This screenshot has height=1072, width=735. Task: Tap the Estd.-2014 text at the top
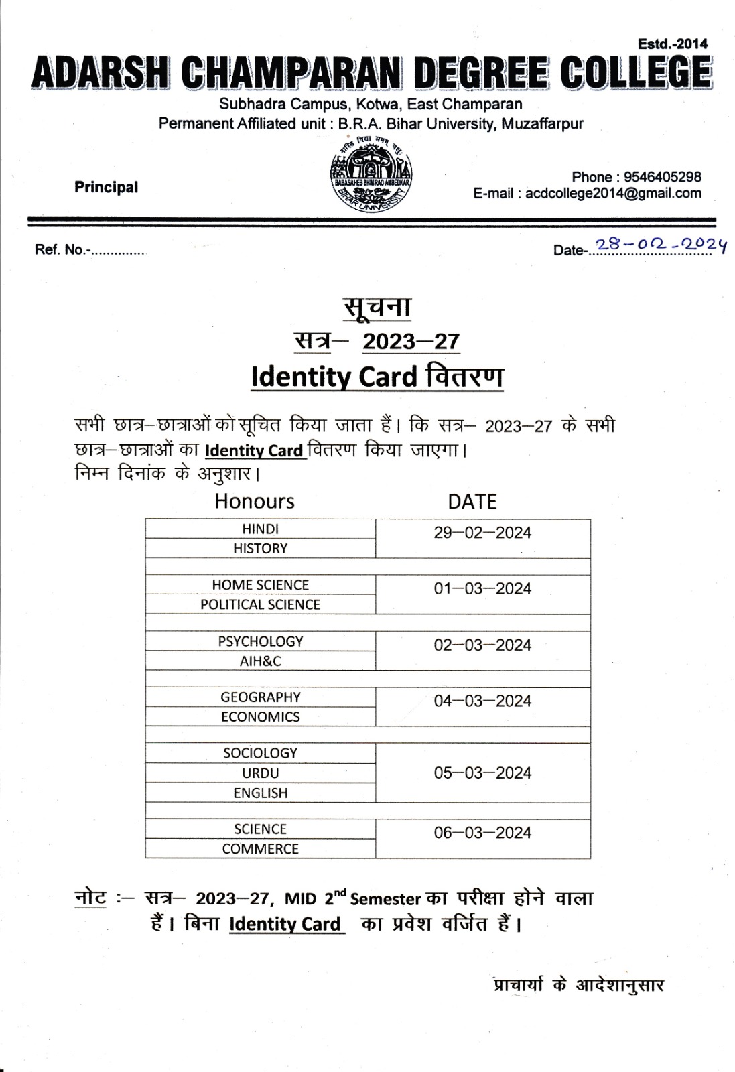[672, 44]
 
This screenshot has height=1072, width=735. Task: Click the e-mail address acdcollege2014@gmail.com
[613, 194]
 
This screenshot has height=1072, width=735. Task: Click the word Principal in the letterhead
[106, 187]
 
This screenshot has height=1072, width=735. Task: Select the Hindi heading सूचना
[377, 307]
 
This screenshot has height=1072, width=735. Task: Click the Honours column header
[255, 501]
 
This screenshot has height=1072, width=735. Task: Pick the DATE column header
[472, 501]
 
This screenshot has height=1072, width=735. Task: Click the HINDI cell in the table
[260, 529]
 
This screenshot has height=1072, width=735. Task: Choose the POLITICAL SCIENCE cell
[260, 604]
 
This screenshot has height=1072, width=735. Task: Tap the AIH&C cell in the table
[260, 661]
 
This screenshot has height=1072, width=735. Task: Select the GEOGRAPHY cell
[260, 697]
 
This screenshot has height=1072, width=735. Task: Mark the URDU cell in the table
[260, 773]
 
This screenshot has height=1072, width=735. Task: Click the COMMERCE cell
[260, 848]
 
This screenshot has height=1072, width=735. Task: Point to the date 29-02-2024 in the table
[482, 533]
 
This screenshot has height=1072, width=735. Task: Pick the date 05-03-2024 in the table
[482, 773]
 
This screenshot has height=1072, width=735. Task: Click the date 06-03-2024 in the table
[482, 833]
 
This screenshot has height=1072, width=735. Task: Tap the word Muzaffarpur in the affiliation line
[542, 124]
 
